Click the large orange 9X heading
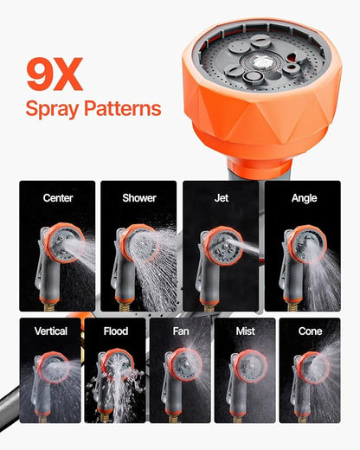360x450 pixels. (55, 75)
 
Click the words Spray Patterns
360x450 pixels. (93, 109)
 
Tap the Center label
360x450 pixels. (58, 198)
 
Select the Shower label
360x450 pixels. (138, 198)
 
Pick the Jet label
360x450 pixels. (221, 198)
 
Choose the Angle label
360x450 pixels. (304, 198)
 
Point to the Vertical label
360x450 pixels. (51, 331)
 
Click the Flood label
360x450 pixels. (116, 331)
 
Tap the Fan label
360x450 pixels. (180, 331)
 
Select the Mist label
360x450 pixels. (246, 331)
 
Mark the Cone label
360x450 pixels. (311, 331)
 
